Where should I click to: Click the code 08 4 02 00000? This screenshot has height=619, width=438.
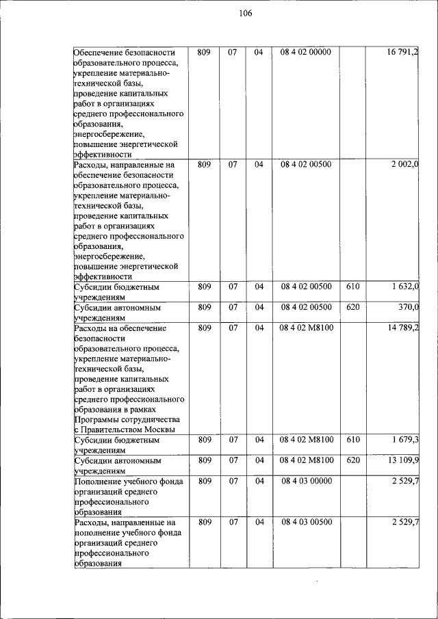306,52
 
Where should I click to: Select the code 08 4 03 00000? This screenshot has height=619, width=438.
306,481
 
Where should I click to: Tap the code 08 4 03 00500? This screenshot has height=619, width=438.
306,523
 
